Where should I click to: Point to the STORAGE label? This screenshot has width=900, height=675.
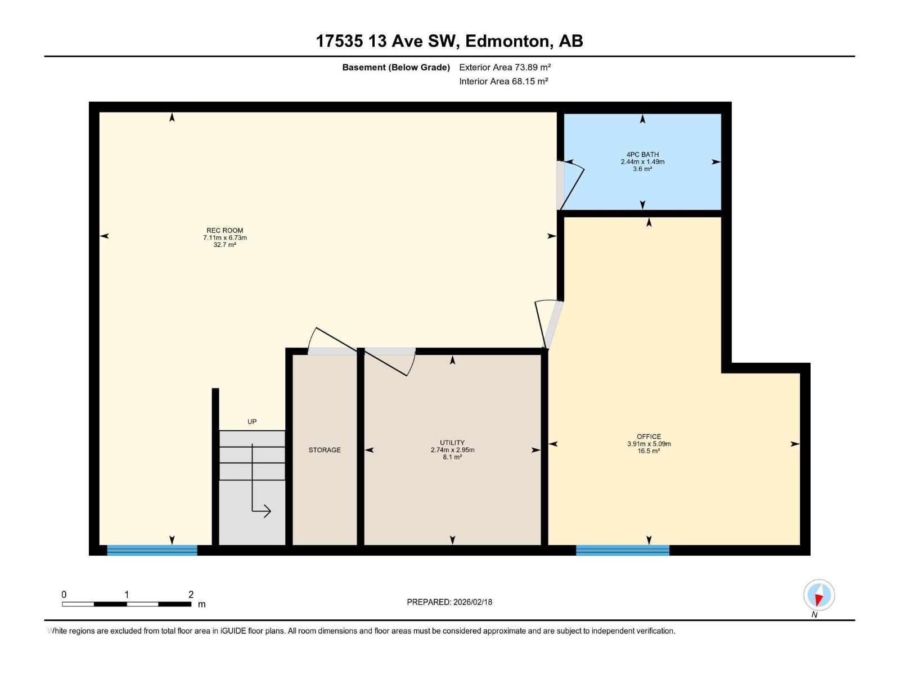tap(325, 450)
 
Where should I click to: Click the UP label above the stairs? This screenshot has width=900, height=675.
tap(252, 421)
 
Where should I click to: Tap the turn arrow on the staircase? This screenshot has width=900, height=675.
tap(261, 510)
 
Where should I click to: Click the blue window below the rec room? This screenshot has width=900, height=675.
tap(152, 550)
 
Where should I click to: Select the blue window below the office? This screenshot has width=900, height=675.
tap(622, 550)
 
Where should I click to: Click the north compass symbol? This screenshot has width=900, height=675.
tap(819, 595)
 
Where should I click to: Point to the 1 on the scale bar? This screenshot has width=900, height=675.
tap(127, 595)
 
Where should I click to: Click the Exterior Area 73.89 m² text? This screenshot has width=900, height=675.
tap(505, 67)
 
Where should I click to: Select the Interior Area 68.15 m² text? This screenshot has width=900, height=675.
tap(503, 81)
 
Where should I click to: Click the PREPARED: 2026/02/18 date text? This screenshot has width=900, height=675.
tap(449, 602)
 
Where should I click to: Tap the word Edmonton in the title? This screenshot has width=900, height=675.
tap(507, 41)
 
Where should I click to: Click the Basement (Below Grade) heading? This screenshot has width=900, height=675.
tap(396, 67)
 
